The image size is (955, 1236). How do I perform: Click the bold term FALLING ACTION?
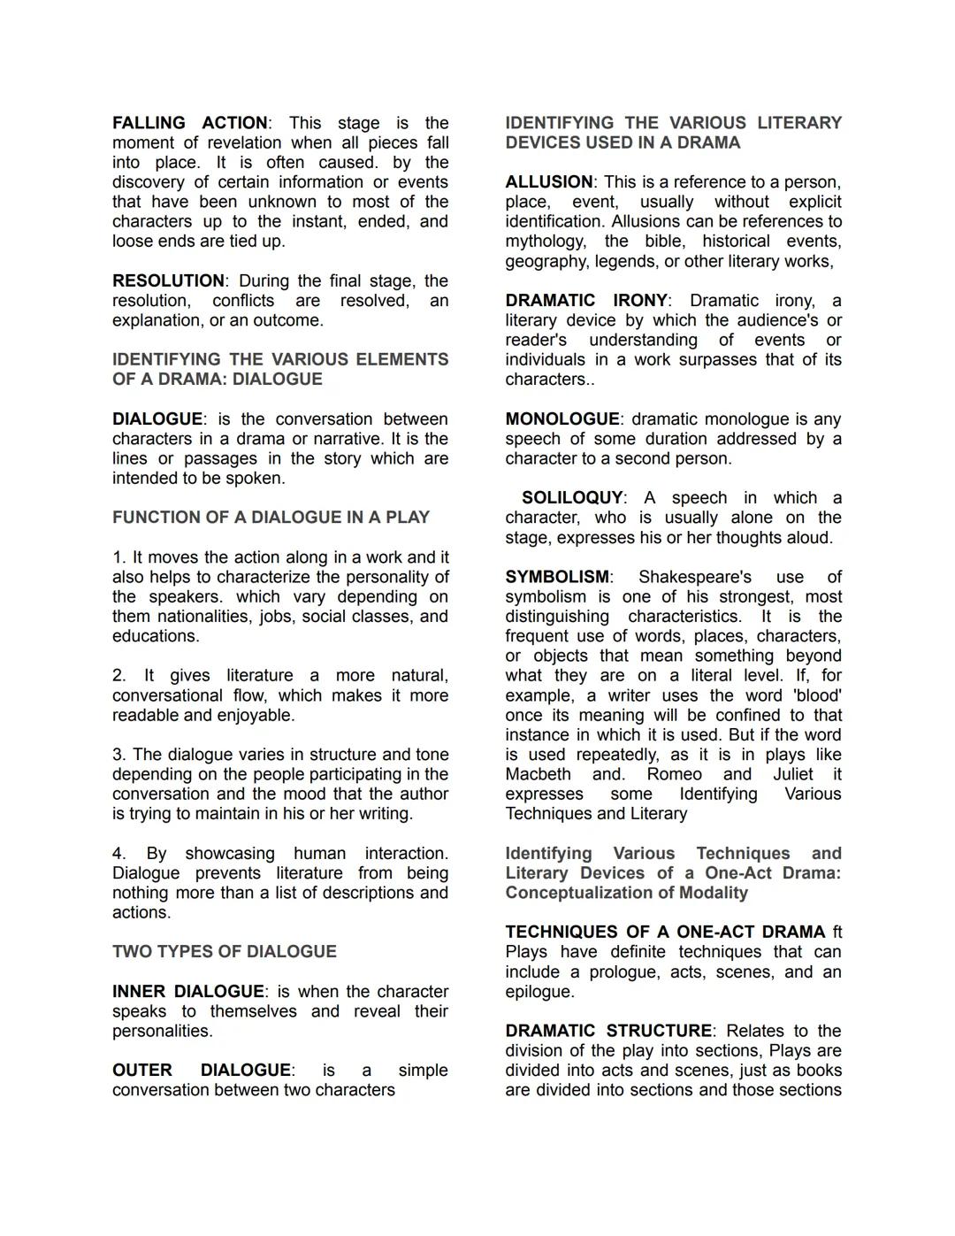(189, 123)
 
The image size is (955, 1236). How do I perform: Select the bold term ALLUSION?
(548, 182)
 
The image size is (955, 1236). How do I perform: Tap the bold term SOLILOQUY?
(572, 498)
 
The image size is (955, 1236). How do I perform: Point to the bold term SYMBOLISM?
(557, 578)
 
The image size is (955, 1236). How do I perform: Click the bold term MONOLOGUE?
(562, 419)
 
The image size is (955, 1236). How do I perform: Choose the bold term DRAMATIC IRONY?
(586, 301)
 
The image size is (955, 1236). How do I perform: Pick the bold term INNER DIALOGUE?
(187, 992)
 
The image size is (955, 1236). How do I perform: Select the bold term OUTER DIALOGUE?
(201, 1071)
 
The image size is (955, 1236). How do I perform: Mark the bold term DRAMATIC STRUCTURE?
(608, 1032)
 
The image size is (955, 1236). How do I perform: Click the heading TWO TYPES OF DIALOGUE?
(224, 952)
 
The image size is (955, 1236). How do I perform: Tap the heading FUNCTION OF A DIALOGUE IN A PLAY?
(271, 518)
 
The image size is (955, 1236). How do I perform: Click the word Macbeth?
(538, 775)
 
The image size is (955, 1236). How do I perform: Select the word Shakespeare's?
(695, 578)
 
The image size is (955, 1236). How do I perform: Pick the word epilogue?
(539, 992)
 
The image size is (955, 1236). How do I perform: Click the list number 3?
(118, 755)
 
